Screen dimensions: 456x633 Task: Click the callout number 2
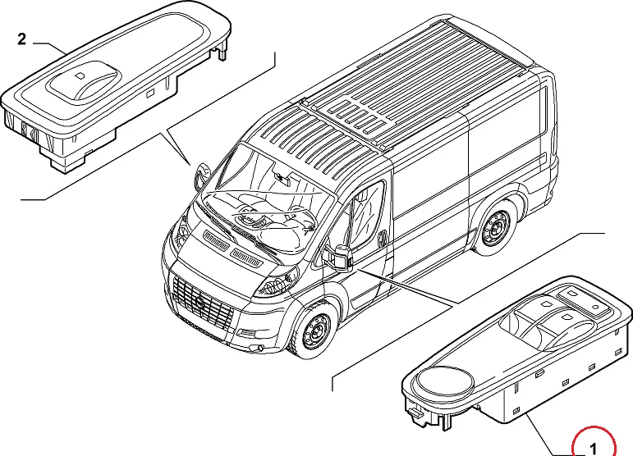22,39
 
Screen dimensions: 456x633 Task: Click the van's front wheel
314,332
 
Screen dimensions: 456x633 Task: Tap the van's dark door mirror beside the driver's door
342,257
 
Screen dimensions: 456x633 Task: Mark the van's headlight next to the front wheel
272,284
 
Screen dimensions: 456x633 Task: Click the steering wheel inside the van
247,216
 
